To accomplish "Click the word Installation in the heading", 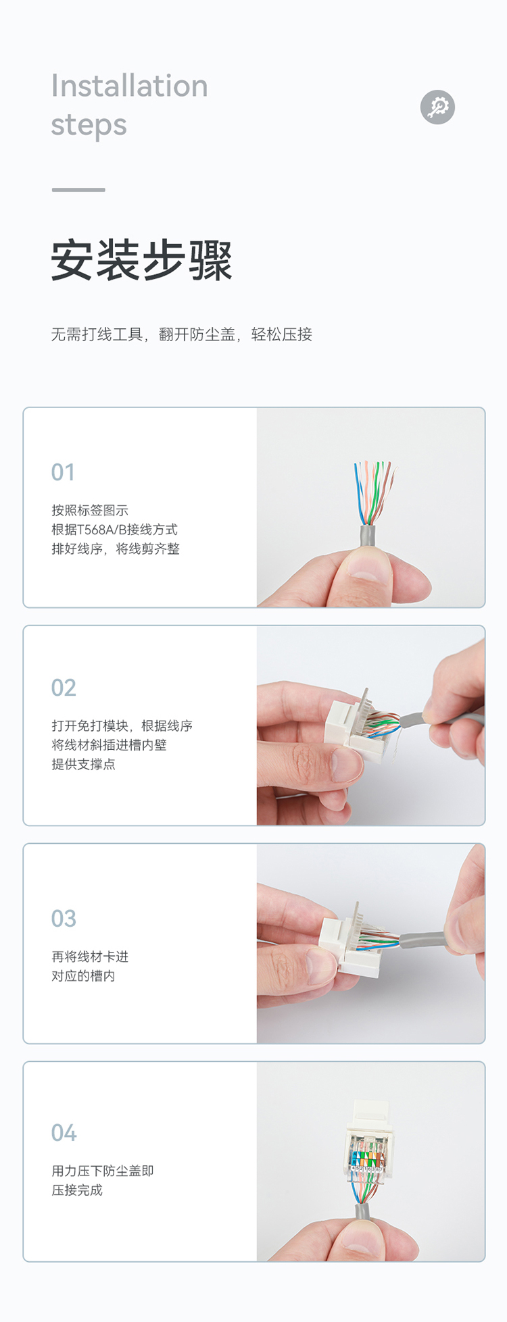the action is point(130,86).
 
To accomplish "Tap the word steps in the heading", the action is point(89,126).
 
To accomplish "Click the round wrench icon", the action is point(437,107).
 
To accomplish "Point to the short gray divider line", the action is point(78,190).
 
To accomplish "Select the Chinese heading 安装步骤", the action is point(142,260).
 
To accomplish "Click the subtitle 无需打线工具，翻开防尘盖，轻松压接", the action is point(182,334).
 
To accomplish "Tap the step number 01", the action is point(63,472).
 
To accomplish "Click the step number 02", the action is point(64,688).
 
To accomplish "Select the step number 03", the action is point(64,919).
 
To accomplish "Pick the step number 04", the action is point(64,1133).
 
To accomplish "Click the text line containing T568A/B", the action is point(115,530).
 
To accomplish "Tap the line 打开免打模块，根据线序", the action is point(122,726).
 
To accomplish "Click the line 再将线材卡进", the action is point(90,957).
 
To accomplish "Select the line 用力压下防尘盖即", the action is point(103,1171).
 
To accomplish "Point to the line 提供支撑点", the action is point(83,764).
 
